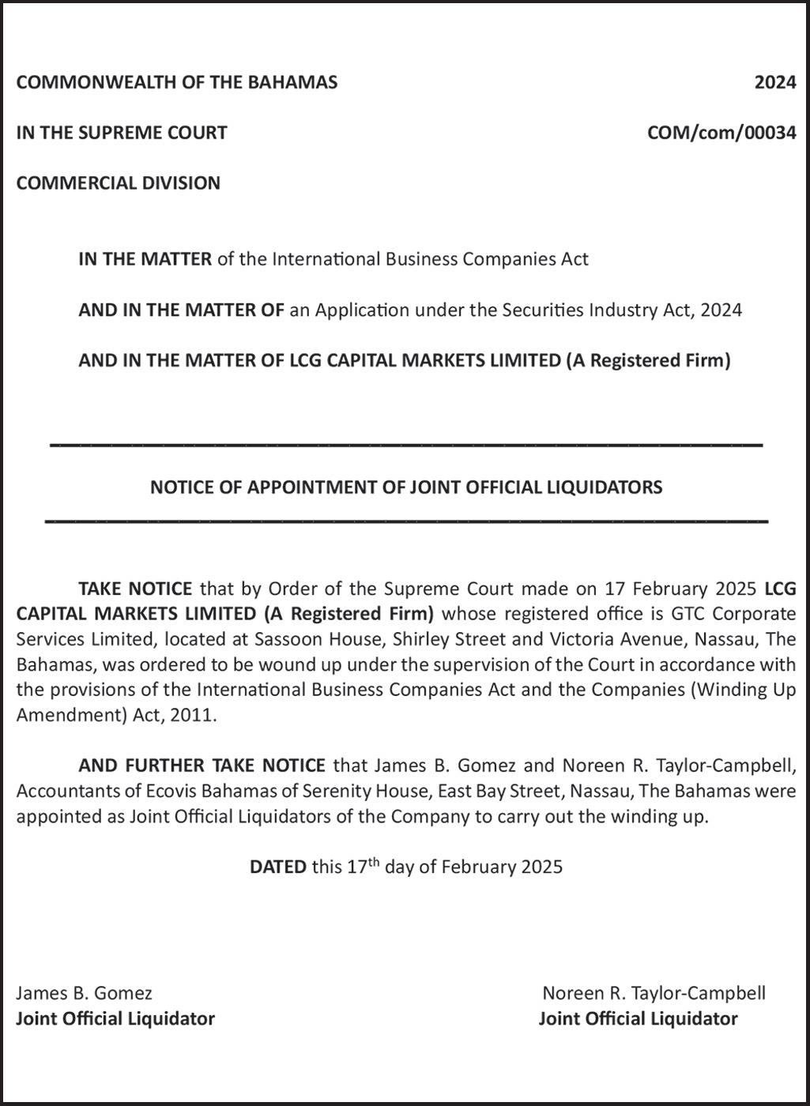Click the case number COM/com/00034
click(721, 133)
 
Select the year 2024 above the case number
click(774, 82)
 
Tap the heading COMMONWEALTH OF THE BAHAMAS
click(177, 82)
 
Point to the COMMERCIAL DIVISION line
click(119, 183)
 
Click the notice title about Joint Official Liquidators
click(406, 487)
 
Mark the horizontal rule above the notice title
click(406, 446)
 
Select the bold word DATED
click(277, 867)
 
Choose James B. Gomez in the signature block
click(85, 993)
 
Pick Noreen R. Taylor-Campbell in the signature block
click(654, 993)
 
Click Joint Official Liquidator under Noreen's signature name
click(638, 1018)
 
